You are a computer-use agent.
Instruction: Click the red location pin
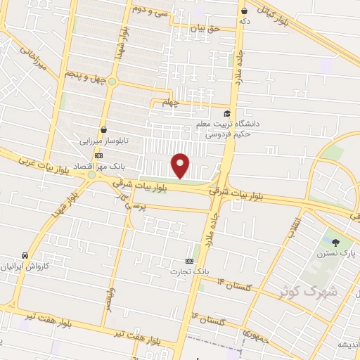coord(181,165)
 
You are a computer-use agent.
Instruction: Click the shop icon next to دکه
coord(244,11)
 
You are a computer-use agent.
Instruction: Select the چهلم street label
coord(171,103)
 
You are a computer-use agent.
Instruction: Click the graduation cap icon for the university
coord(226,113)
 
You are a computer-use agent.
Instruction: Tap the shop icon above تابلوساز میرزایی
coord(104,130)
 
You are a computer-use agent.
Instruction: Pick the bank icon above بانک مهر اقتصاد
coord(99,155)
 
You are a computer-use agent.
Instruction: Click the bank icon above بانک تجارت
coord(189,259)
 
